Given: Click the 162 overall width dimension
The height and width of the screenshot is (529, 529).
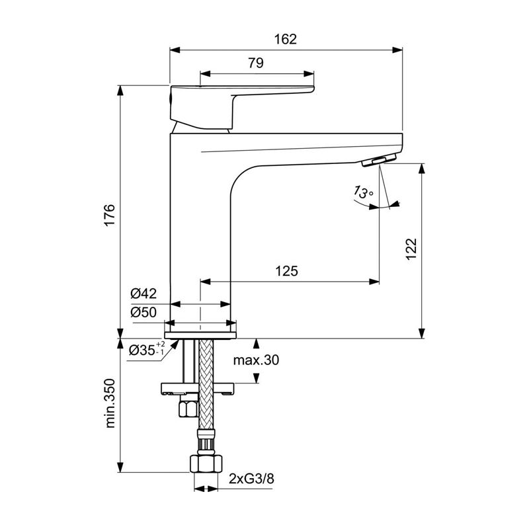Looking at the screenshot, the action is [286, 39].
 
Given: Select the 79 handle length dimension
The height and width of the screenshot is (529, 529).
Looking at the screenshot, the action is [256, 63].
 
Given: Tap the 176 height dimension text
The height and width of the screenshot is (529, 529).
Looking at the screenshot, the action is [110, 215].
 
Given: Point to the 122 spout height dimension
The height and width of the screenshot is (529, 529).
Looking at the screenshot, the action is [411, 249].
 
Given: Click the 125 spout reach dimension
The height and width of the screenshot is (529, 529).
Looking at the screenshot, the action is [287, 271].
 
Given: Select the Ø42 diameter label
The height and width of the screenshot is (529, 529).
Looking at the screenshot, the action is [143, 294].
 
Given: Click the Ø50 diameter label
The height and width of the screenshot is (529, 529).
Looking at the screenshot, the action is [143, 312].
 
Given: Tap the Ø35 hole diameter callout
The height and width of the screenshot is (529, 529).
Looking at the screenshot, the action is [147, 349].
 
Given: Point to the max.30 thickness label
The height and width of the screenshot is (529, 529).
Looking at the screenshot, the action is [257, 360].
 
